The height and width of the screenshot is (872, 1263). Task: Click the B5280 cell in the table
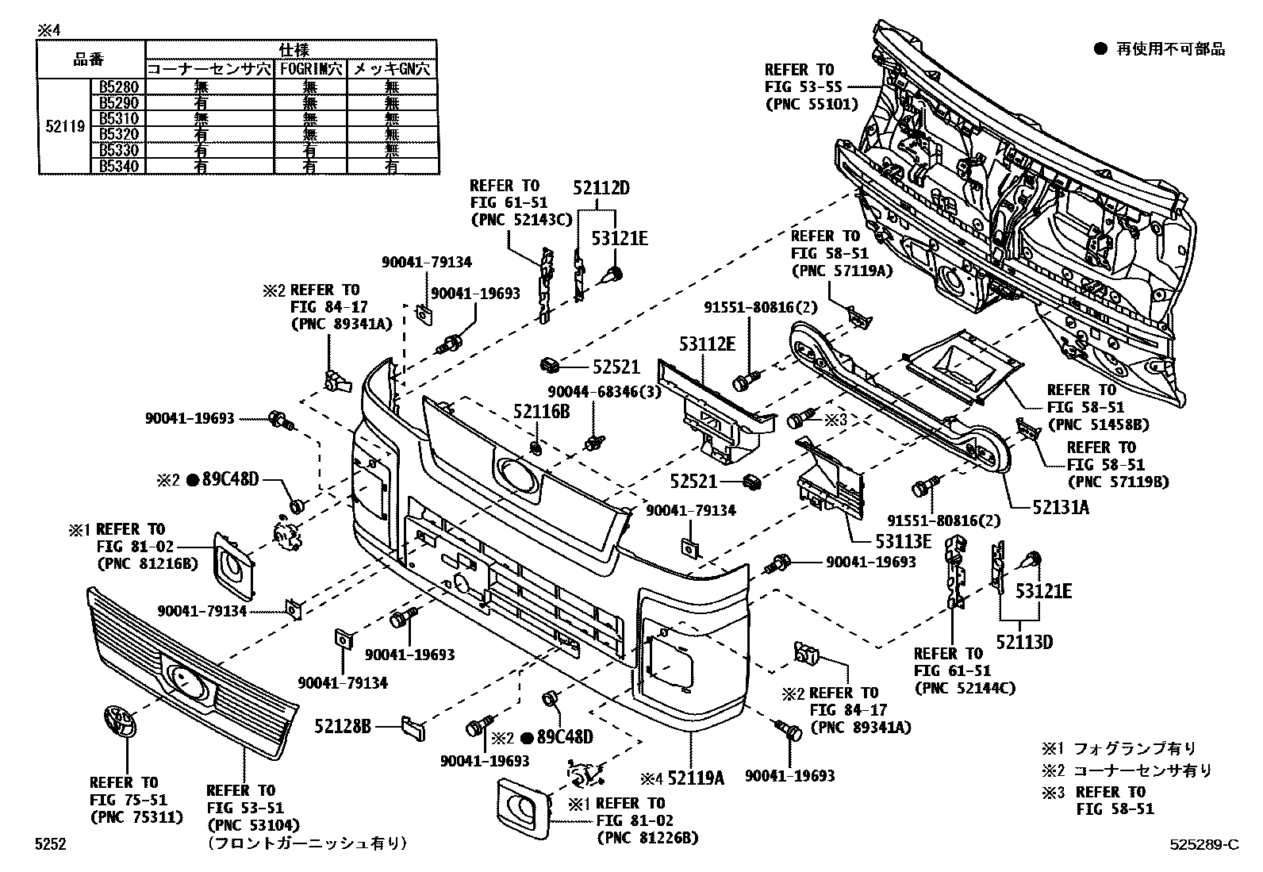118,86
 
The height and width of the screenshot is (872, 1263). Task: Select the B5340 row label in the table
118,167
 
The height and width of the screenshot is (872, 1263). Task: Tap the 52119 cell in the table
65,126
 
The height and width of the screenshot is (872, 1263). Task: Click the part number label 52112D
601,188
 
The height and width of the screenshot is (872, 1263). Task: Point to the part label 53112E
707,344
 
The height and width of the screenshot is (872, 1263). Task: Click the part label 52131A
1061,508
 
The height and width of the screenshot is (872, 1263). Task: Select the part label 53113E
904,541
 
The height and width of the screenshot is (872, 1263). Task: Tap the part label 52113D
1024,642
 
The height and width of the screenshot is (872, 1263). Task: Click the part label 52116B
541,412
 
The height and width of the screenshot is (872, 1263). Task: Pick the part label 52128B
343,726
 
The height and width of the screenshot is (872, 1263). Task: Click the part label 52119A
696,778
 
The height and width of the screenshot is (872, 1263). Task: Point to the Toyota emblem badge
120,721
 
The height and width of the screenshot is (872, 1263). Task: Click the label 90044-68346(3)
605,392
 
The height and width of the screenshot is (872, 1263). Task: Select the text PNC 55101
812,105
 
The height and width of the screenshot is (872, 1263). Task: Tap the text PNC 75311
137,817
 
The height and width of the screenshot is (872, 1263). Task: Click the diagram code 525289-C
1204,844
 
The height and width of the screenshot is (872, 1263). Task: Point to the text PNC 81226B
648,838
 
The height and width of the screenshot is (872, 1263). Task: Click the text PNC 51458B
1098,424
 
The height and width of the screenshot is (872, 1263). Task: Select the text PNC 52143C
521,220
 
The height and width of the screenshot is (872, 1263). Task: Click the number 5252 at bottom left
50,844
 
